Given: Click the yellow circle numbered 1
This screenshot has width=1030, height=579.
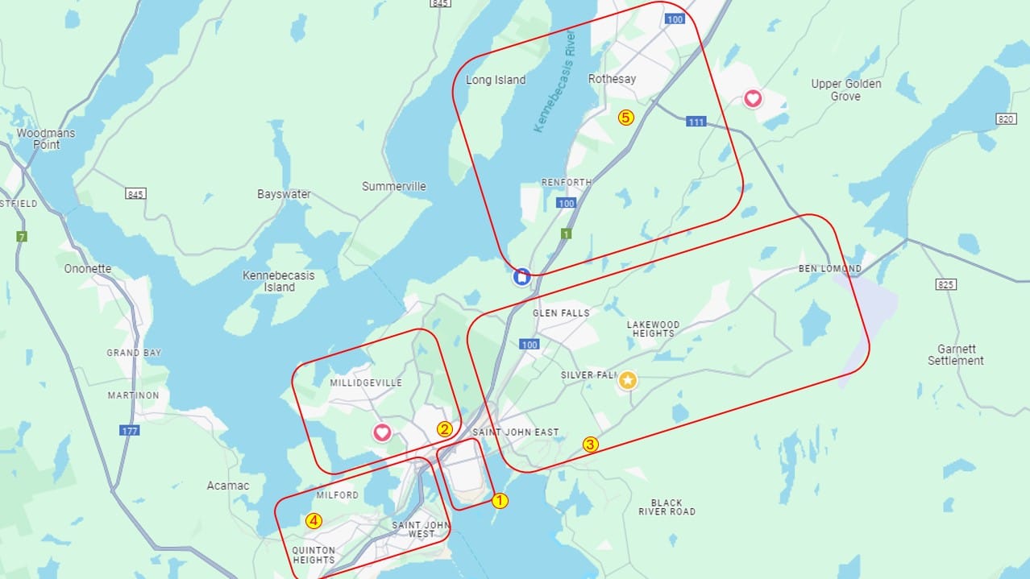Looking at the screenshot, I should pyautogui.click(x=500, y=500).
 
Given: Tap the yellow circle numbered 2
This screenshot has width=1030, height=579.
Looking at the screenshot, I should pyautogui.click(x=444, y=429).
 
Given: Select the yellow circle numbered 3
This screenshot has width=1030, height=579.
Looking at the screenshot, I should pyautogui.click(x=591, y=444).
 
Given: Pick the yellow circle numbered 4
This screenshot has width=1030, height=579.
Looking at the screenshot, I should pyautogui.click(x=314, y=521).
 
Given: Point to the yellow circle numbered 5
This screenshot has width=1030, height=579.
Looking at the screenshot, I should pyautogui.click(x=625, y=117).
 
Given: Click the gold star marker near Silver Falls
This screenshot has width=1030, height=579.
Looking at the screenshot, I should pyautogui.click(x=628, y=380).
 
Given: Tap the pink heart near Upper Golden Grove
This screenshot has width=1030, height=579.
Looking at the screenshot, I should pyautogui.click(x=752, y=98).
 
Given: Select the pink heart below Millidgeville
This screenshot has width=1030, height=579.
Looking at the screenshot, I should pyautogui.click(x=382, y=432).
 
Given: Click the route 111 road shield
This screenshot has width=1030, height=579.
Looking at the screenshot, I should pyautogui.click(x=696, y=122).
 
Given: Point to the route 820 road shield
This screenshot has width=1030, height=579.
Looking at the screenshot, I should pyautogui.click(x=1005, y=119).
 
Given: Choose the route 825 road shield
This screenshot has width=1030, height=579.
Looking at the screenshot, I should pyautogui.click(x=946, y=284).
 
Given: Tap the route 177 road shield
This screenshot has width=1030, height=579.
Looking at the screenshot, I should pyautogui.click(x=130, y=431).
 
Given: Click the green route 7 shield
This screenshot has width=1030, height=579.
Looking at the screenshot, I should pyautogui.click(x=22, y=237).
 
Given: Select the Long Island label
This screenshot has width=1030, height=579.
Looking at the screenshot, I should pyautogui.click(x=496, y=80).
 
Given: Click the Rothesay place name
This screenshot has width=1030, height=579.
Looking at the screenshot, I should pyautogui.click(x=612, y=79).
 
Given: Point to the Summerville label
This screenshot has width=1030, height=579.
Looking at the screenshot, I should pyautogui.click(x=393, y=186).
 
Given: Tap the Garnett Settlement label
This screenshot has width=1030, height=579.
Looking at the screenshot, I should pyautogui.click(x=956, y=355).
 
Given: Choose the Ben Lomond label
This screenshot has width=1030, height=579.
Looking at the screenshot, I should pyautogui.click(x=829, y=268).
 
